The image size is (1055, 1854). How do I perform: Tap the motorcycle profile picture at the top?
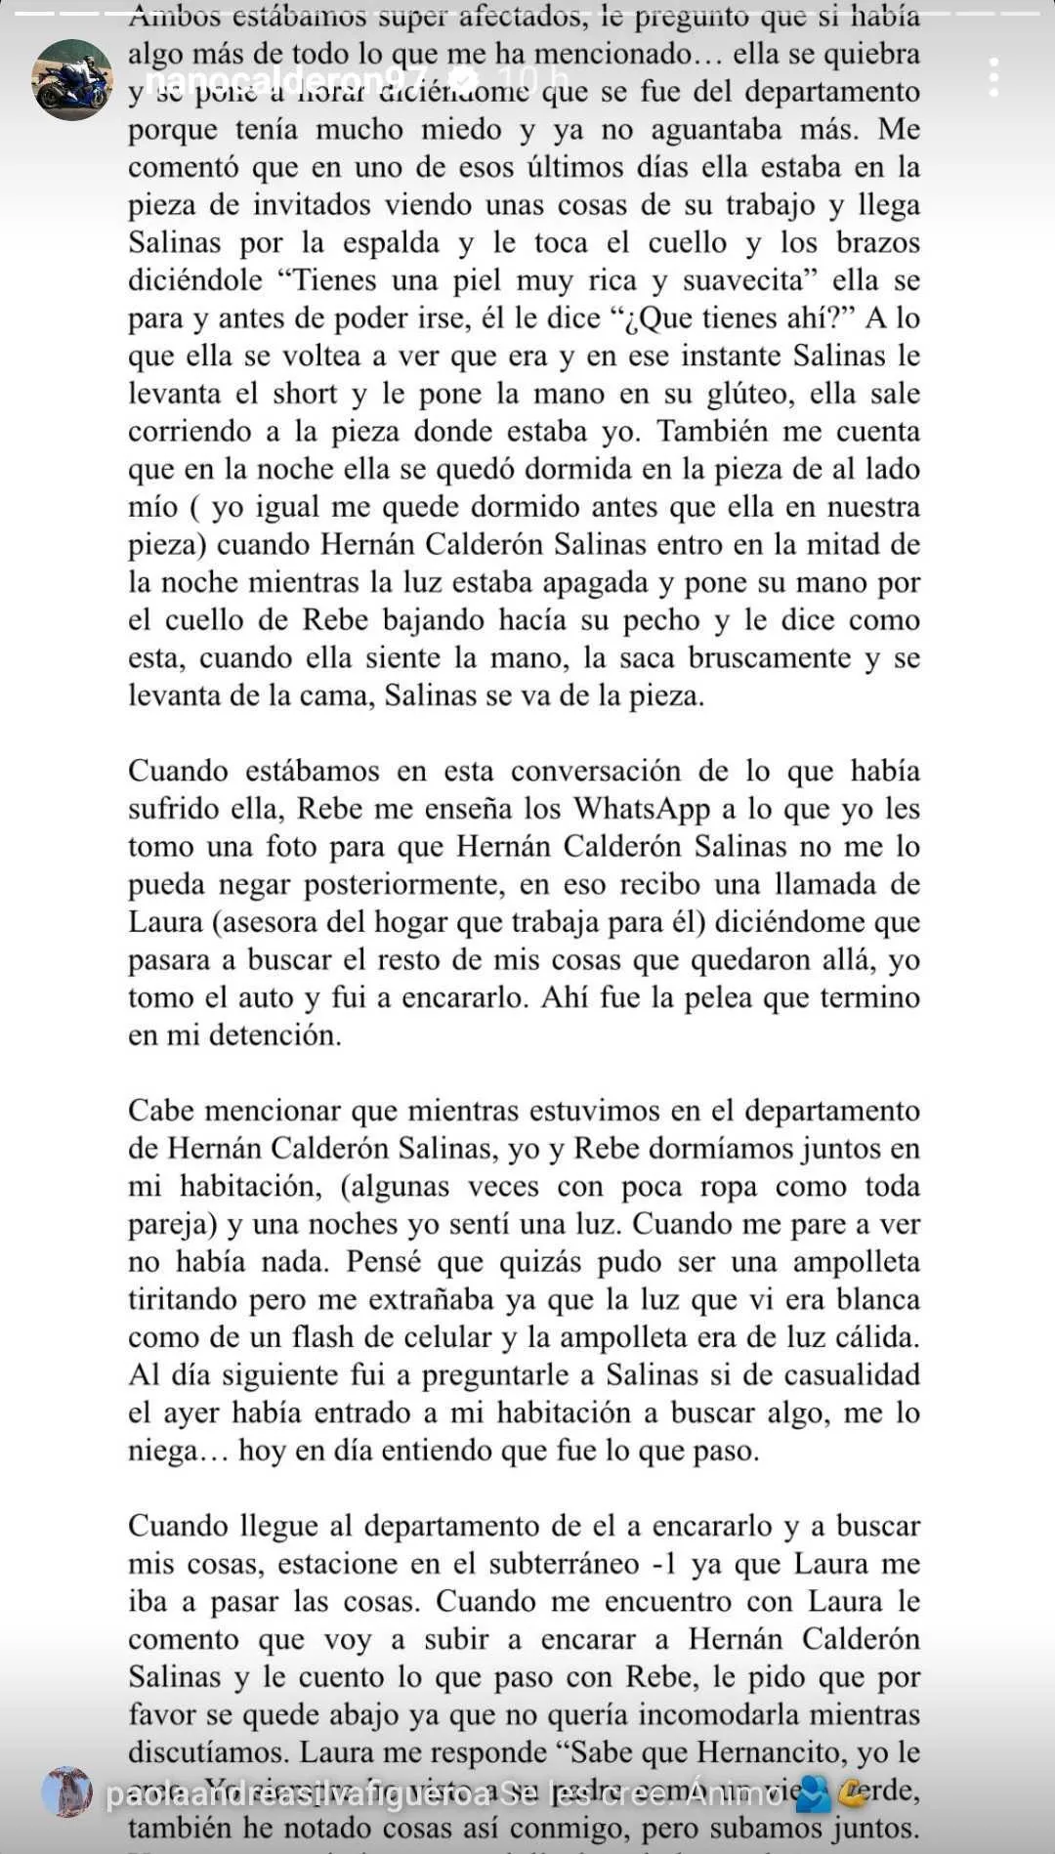(x=72, y=79)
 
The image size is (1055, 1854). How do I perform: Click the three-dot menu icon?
(x=993, y=77)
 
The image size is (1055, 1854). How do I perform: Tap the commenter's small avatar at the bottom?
(x=66, y=1792)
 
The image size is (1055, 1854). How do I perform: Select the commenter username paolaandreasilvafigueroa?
(x=297, y=1794)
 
